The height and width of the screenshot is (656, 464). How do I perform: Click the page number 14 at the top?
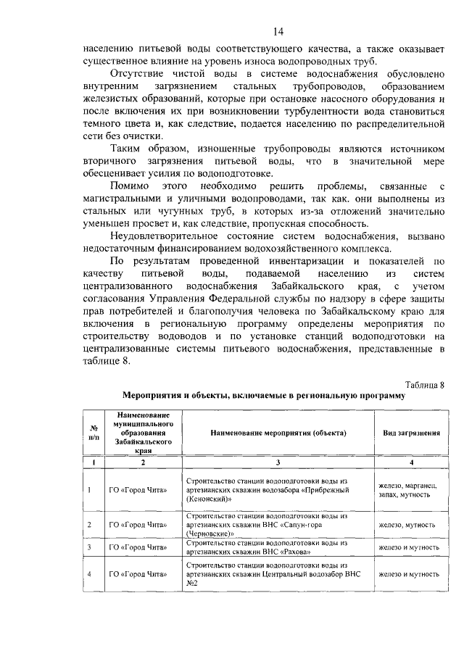pos(278,30)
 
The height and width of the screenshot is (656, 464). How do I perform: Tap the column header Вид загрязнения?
pos(411,432)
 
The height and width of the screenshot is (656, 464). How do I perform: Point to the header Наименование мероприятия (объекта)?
pos(278,432)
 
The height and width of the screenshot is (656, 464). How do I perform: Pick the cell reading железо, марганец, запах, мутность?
pos(411,489)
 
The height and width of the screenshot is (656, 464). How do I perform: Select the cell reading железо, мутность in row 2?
pos(411,524)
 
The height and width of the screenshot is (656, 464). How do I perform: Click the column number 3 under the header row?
pos(278,462)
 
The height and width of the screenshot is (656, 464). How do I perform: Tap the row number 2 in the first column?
pos(89,524)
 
